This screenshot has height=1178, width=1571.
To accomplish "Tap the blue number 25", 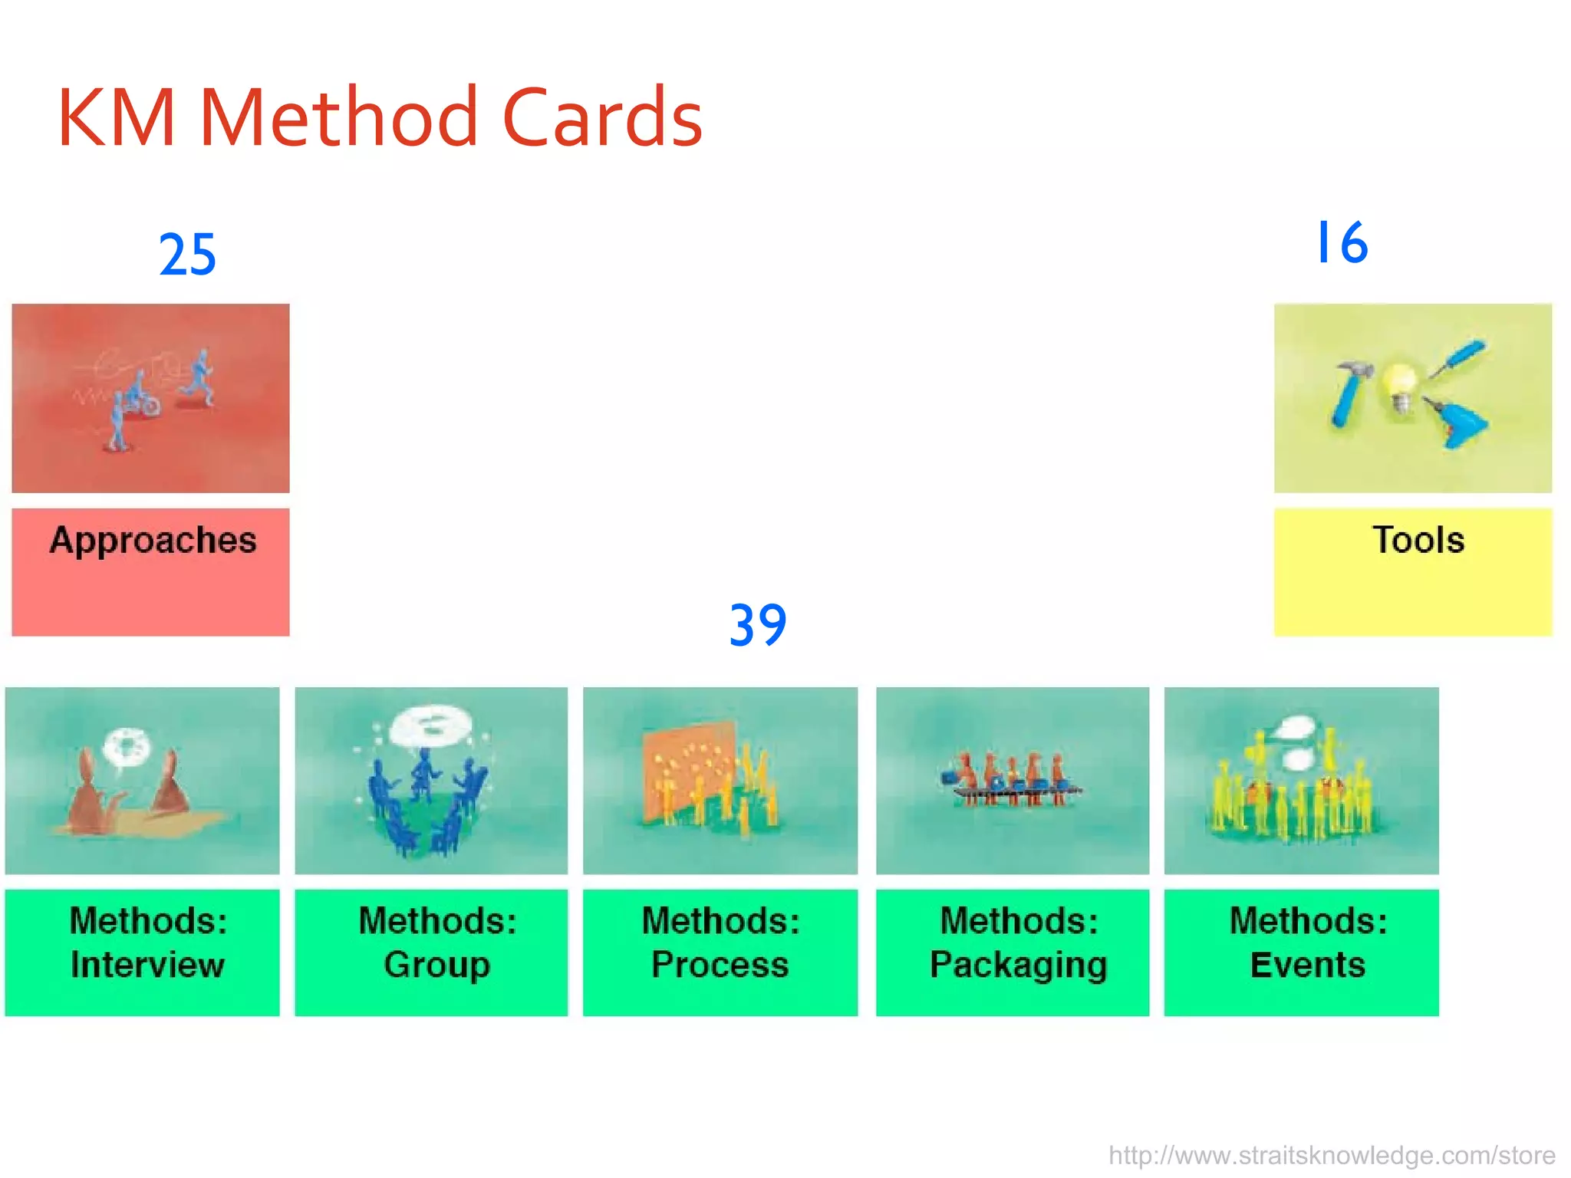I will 187,255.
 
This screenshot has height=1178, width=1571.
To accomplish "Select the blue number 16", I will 1341,243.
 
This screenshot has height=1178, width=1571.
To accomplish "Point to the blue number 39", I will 757,625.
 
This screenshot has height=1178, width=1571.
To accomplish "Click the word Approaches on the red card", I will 153,541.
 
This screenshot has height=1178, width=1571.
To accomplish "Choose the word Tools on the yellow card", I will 1418,540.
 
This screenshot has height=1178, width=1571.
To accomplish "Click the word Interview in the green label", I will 147,965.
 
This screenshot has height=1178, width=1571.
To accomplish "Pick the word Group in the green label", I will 436,965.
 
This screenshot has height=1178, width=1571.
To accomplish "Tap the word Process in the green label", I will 720,965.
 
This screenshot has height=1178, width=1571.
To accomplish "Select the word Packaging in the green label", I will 1018,965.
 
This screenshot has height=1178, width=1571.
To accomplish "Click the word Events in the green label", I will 1307,965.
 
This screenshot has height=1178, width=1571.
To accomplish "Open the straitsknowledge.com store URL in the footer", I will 1332,1155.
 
